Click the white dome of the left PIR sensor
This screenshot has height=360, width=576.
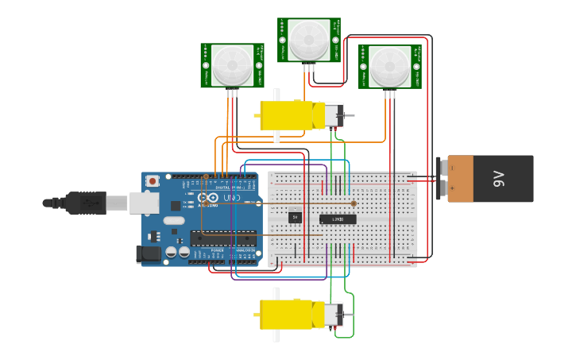(x=232, y=64)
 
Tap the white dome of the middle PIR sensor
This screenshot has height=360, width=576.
(x=309, y=39)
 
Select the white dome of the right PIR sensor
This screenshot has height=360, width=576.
(x=389, y=66)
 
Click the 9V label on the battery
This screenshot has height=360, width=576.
(x=499, y=178)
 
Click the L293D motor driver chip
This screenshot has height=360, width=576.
(x=338, y=219)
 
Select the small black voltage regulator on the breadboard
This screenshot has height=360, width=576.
(x=295, y=216)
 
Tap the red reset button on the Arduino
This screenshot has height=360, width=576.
(x=153, y=180)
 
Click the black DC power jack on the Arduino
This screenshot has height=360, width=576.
(x=148, y=254)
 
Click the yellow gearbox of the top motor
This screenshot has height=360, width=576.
(x=288, y=115)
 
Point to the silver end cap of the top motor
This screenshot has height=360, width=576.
(x=334, y=116)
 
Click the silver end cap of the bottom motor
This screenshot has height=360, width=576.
(x=334, y=315)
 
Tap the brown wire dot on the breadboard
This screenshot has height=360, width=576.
(x=354, y=203)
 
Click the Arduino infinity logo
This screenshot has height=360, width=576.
(x=208, y=197)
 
